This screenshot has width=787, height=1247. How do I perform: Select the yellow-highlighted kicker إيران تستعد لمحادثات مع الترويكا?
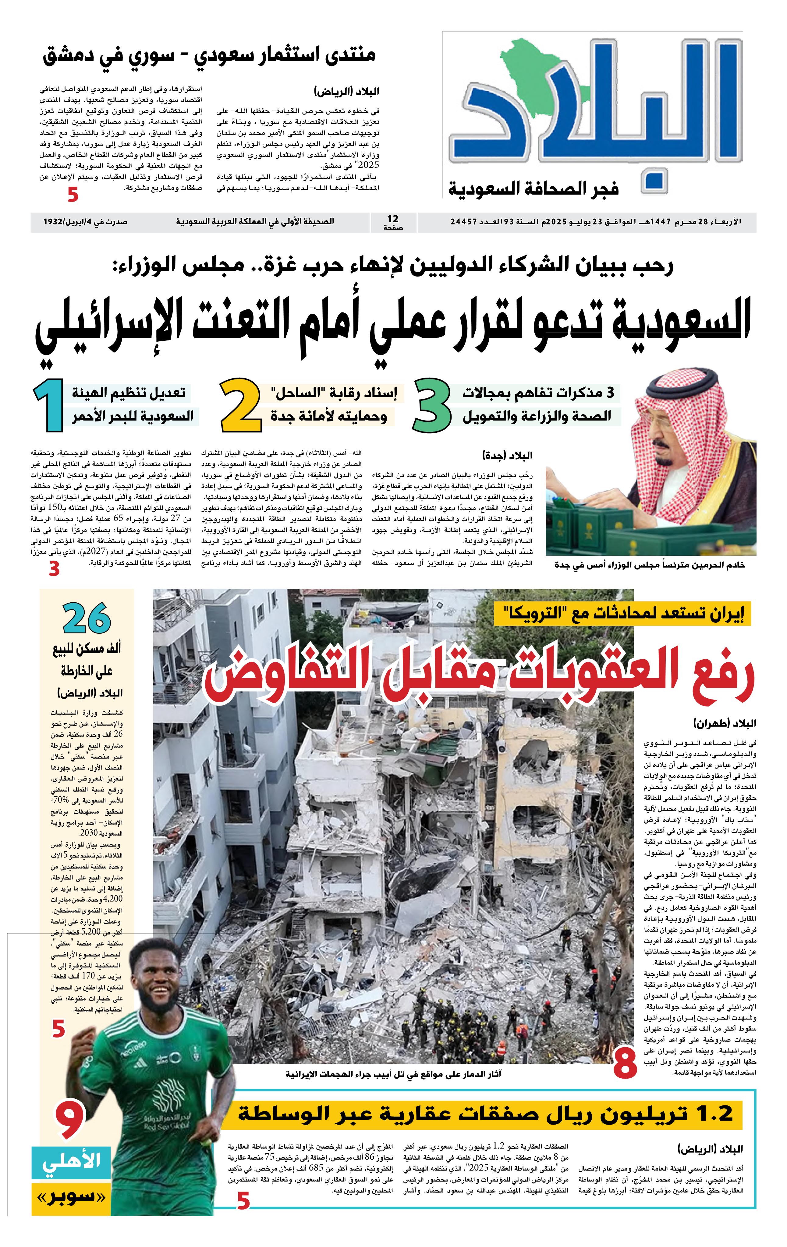point(622,615)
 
